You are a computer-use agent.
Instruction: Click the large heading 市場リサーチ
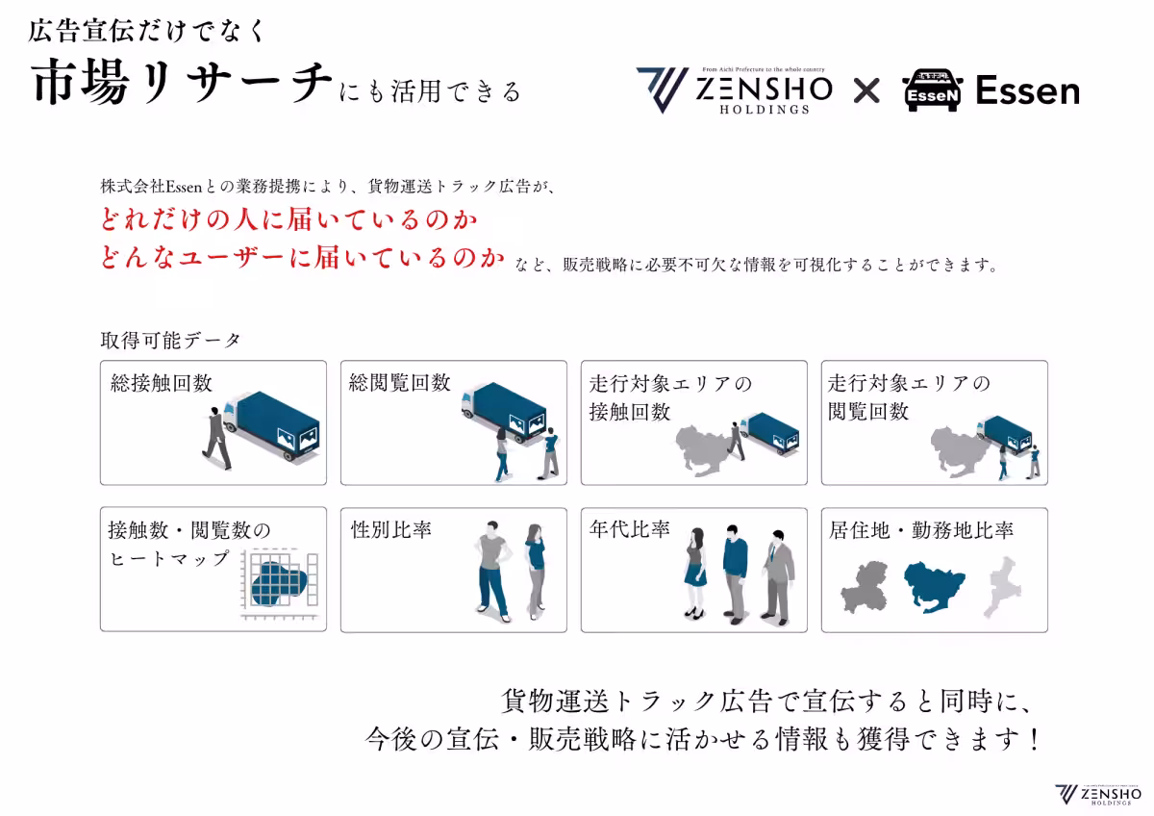tap(183, 85)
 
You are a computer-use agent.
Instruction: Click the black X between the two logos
tap(866, 91)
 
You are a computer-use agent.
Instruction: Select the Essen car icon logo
tap(932, 91)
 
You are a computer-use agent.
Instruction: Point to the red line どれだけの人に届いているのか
tap(289, 220)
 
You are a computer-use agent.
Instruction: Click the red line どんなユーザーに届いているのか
tap(303, 259)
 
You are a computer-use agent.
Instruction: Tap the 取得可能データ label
tap(170, 341)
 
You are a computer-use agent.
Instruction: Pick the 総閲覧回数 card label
tap(400, 383)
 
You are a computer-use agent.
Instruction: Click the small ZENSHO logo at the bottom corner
tap(1096, 794)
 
